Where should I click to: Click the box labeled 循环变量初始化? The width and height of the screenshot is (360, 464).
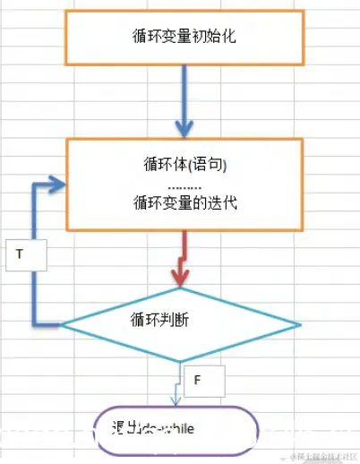pyautogui.click(x=183, y=37)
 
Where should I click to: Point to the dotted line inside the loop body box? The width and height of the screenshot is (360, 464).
pyautogui.click(x=184, y=185)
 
